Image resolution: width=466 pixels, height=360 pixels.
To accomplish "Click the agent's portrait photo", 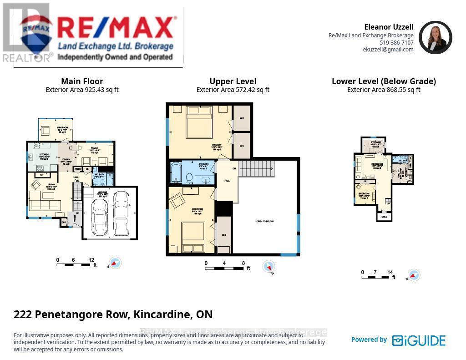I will (x=435, y=38).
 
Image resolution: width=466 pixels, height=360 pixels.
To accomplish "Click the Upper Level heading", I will (x=233, y=81).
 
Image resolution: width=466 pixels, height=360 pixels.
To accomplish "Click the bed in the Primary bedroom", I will (x=199, y=122).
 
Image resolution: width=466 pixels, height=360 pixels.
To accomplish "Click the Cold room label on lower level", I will (x=384, y=217).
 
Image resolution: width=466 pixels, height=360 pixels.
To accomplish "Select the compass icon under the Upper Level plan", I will (x=269, y=267).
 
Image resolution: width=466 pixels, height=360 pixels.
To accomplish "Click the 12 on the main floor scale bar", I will (x=91, y=260).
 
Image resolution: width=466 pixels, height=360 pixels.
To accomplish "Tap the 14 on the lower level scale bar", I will (x=390, y=272).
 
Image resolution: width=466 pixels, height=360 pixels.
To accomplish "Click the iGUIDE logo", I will (x=419, y=340).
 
